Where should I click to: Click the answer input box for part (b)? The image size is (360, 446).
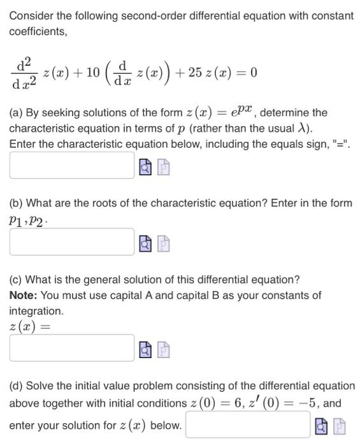coord(71,242)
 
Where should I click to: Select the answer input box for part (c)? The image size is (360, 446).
coord(71,348)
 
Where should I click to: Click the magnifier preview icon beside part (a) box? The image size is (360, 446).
coord(145,168)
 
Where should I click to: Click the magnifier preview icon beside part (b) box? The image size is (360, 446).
coord(145,243)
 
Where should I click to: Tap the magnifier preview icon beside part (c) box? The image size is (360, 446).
coord(145,349)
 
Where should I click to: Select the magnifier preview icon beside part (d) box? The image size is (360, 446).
coord(321,426)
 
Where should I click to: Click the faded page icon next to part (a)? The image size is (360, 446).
coord(164,168)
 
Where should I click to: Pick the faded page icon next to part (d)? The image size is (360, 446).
coord(340,426)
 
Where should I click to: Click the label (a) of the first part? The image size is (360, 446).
coord(16,113)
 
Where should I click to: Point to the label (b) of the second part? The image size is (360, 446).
coord(16,203)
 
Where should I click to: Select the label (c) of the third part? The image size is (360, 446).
coord(16,280)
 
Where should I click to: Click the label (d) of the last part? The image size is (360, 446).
coord(16,385)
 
